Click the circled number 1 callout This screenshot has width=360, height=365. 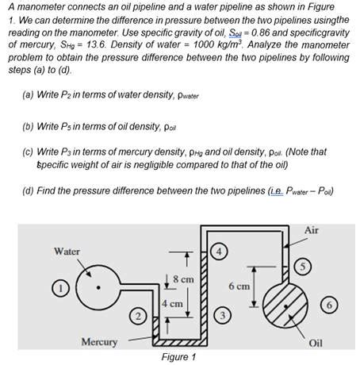tap(58, 288)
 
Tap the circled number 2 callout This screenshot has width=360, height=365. tap(137, 317)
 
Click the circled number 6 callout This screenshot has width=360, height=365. tap(331, 305)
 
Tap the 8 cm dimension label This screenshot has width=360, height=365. tap(182, 279)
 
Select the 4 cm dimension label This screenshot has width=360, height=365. tap(172, 304)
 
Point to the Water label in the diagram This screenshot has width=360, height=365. tap(67, 251)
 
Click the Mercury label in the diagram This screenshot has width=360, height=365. tap(99, 342)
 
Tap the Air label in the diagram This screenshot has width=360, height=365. tap(311, 229)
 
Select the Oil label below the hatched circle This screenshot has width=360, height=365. tap(316, 343)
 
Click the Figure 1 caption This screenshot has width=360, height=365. tap(179, 357)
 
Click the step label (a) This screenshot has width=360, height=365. tap(29, 95)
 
